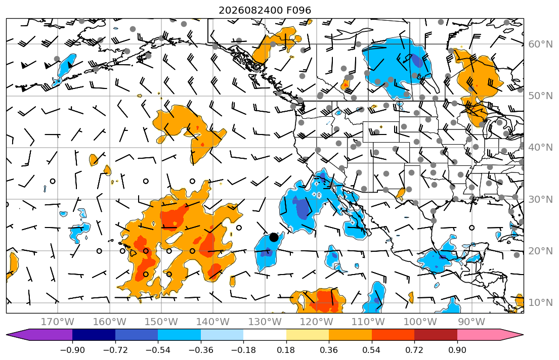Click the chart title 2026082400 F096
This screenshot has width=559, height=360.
tap(265, 10)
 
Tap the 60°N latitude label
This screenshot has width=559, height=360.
tap(540, 44)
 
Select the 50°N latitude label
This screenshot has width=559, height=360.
tap(540, 96)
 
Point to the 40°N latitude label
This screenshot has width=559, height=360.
tap(540, 148)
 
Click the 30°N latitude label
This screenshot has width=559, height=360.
tap(540, 199)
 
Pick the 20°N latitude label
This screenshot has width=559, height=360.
tap(540, 251)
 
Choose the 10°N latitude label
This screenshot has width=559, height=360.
tap(540, 303)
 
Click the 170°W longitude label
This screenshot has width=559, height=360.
tap(58, 322)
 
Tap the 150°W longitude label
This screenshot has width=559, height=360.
tap(161, 322)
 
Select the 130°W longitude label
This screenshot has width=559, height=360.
tap(265, 322)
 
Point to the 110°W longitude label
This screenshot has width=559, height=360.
tap(368, 322)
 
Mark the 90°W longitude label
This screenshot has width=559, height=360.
tap(471, 322)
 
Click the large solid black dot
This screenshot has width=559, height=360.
tap(274, 237)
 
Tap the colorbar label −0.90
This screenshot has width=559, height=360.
tap(72, 350)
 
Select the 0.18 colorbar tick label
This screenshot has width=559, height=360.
tap(286, 350)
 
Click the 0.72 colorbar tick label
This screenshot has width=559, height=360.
tap(414, 350)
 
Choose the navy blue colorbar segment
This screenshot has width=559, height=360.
tap(94, 335)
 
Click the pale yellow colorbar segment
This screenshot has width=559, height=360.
tap(307, 335)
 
